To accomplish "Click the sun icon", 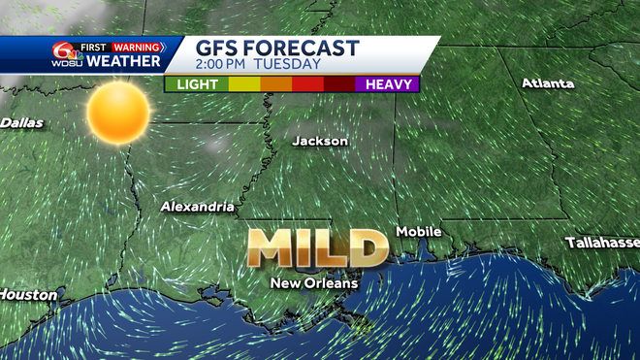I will coord(117,113).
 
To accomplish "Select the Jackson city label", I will coord(320,141).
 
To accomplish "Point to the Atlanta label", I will coord(548,83).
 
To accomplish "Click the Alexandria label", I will coord(198,207).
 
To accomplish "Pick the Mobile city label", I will coord(419,232).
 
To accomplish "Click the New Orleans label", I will coord(314,283).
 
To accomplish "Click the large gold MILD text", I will coord(316,248).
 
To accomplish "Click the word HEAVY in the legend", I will coord(386,84).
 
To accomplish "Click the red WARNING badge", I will coord(135,46).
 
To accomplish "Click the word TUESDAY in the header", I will coord(288,64).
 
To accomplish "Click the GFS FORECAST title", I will coord(276,48).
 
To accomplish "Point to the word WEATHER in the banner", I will coord(123,62).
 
